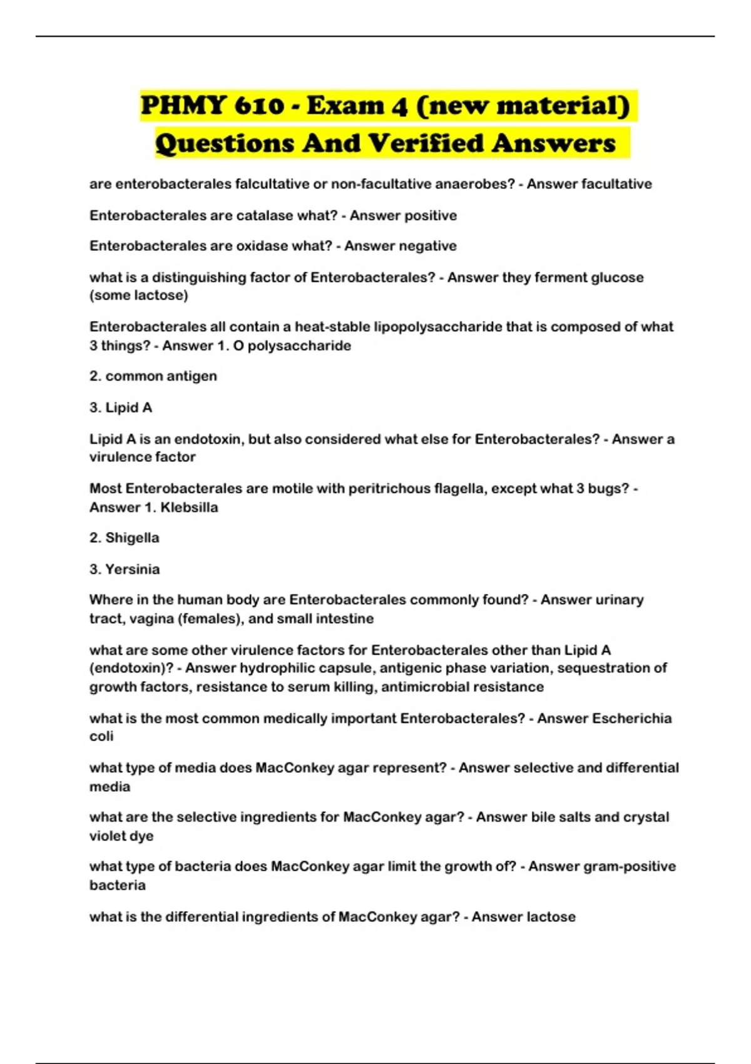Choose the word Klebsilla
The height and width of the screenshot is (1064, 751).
click(189, 507)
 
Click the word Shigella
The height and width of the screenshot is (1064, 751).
click(132, 538)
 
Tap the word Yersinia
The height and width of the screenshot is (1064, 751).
click(132, 569)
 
